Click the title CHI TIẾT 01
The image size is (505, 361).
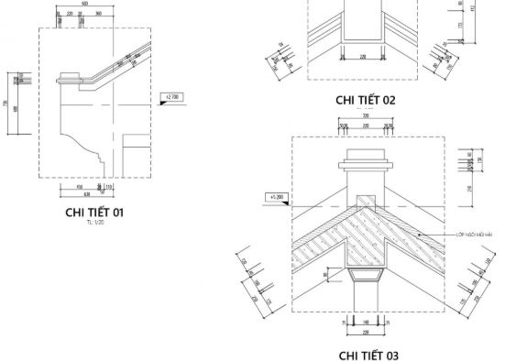pyautogui.click(x=94, y=213)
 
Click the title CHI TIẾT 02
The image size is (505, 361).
pyautogui.click(x=366, y=100)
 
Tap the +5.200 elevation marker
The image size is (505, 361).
pyautogui.click(x=277, y=197)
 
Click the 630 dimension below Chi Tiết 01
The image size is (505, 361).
pyautogui.click(x=86, y=195)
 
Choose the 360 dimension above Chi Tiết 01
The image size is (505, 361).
pyautogui.click(x=98, y=15)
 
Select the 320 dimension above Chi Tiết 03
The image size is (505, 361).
pyautogui.click(x=366, y=117)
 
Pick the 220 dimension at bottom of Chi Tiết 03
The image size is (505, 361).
pyautogui.click(x=366, y=331)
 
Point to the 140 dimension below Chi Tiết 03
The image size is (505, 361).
pyautogui.click(x=366, y=323)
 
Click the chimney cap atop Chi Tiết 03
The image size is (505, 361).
pyautogui.click(x=366, y=167)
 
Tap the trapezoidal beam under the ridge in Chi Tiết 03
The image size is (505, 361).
pyautogui.click(x=366, y=277)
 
